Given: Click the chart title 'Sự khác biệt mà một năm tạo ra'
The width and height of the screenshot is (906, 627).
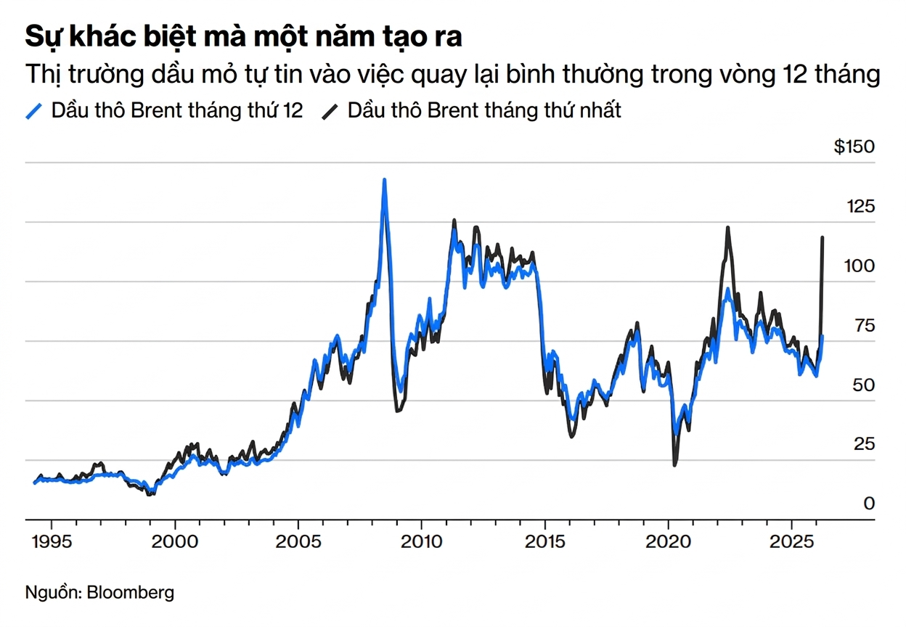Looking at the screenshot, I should [243, 37].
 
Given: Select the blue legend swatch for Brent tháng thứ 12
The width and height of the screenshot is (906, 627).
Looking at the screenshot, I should [34, 111].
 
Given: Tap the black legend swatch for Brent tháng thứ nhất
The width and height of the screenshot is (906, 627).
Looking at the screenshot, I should [331, 111].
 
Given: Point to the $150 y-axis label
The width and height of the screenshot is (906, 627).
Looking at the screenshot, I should [854, 147].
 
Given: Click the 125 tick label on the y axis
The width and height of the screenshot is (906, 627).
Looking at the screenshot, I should [860, 207].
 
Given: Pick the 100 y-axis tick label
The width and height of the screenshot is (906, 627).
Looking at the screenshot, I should [860, 266].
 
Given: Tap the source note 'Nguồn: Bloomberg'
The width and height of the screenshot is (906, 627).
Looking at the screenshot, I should [99, 592].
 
